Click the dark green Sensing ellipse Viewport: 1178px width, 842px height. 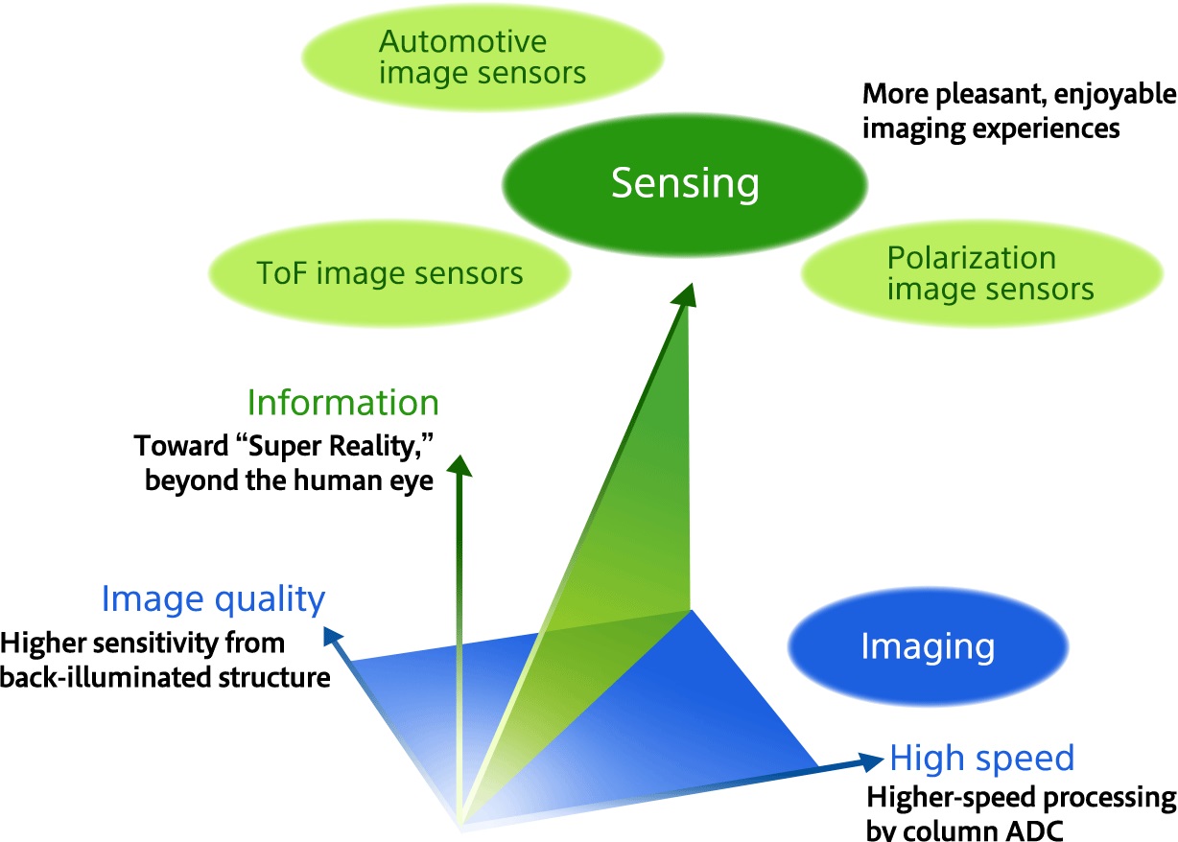pos(685,182)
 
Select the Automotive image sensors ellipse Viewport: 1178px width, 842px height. pos(482,58)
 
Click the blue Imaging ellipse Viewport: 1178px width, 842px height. pos(927,645)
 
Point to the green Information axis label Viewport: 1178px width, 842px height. pos(342,402)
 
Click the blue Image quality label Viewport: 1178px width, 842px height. pos(213,599)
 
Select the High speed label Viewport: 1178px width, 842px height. pos(981,759)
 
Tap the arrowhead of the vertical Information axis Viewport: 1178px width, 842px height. pos(460,465)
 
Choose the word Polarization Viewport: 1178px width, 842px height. pos(971,258)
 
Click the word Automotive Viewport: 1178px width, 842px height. pos(462,42)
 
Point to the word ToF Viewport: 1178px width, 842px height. pos(279,274)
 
